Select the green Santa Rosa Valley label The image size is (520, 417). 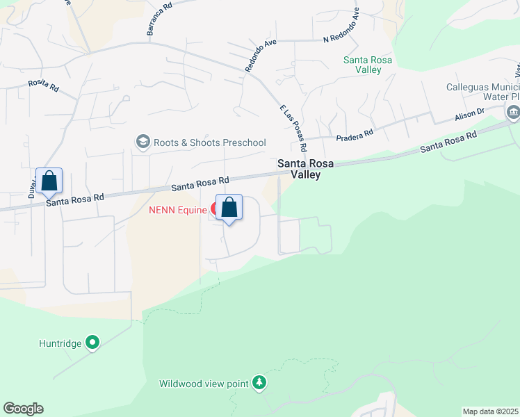368,65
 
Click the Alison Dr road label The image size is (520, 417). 469,114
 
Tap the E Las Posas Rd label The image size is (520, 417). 293,129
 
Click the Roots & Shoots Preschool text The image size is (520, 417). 210,142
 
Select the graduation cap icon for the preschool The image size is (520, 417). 143,142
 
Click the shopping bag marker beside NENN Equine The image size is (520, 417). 229,208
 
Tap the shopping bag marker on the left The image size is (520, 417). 49,181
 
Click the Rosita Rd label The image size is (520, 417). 42,85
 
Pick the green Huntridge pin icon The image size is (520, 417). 92,343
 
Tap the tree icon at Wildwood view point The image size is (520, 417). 259,383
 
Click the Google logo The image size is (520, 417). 23,409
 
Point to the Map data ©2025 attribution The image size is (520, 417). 489,411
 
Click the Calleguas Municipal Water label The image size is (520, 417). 482,93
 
